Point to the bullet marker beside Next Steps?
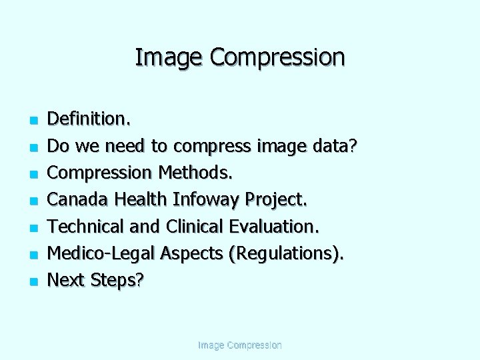pos(32,281)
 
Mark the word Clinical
pos(195,226)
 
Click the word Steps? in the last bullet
pos(117,280)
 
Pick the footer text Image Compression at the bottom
pos(240,345)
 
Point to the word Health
pos(141,199)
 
